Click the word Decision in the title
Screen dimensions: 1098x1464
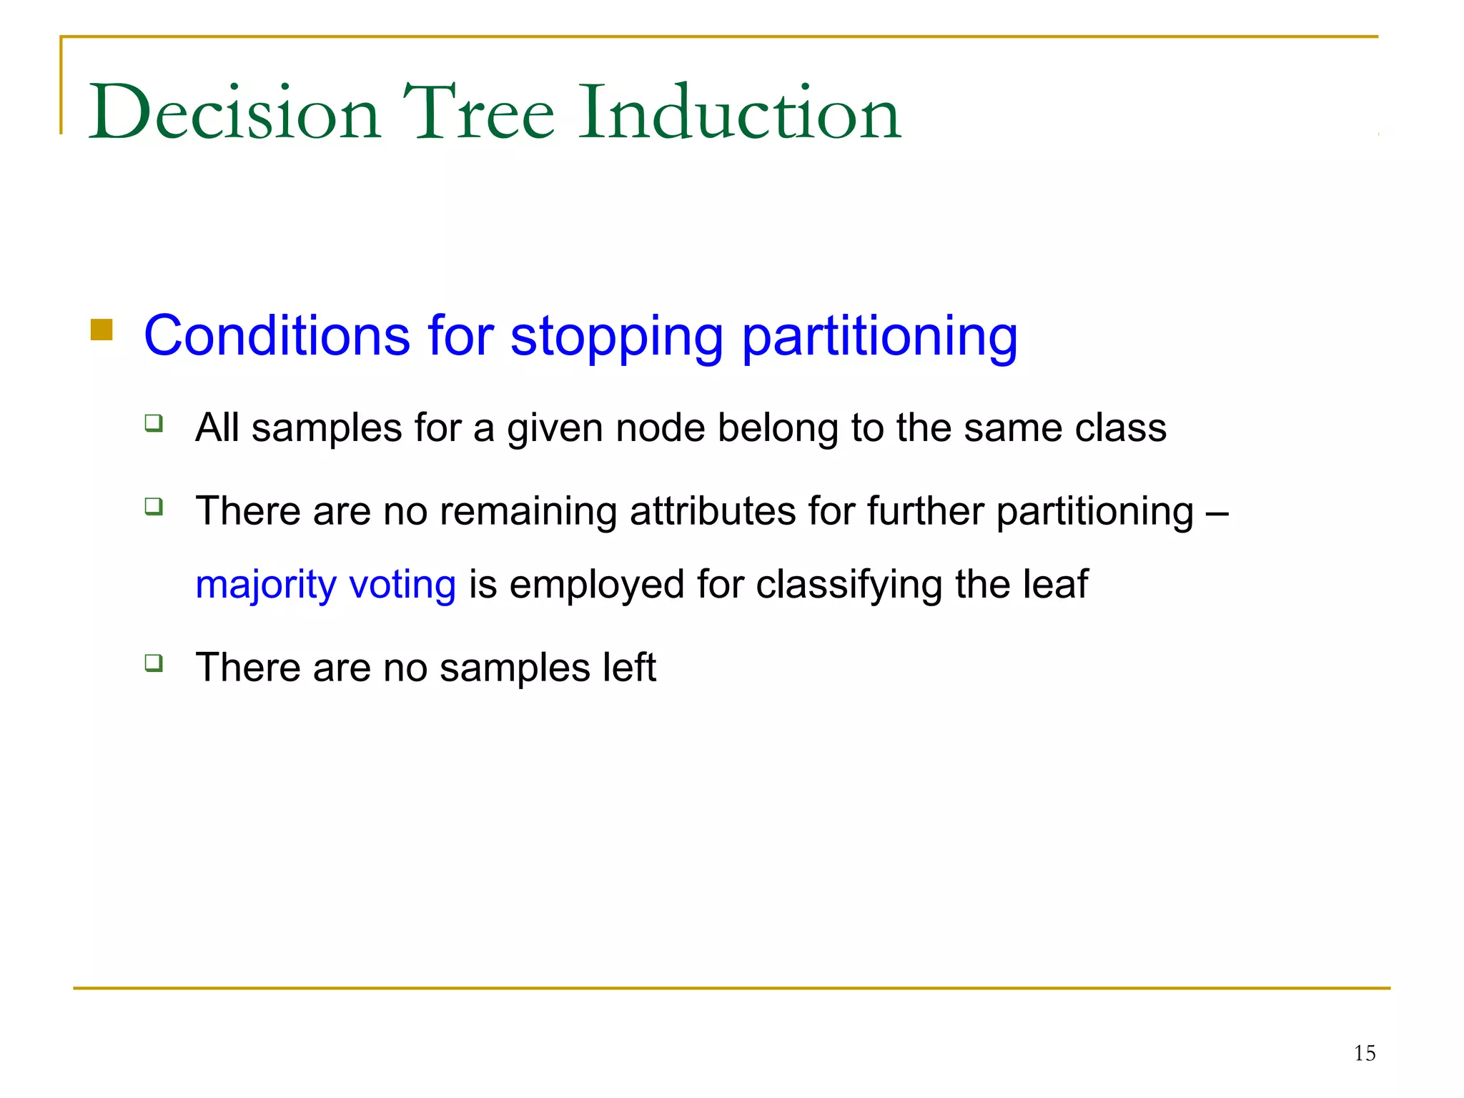coord(234,113)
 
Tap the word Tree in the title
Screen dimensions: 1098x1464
coord(478,113)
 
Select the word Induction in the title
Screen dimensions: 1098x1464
coord(740,113)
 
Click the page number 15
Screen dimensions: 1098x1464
coord(1364,1053)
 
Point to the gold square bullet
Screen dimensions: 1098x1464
coord(102,330)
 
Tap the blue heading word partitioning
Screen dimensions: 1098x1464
coord(879,336)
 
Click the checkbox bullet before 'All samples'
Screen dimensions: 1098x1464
coord(154,423)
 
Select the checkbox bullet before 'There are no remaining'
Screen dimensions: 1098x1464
coord(154,507)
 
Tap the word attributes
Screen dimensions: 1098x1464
coord(713,511)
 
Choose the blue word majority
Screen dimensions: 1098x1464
coord(265,585)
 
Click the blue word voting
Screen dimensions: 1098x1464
coord(402,585)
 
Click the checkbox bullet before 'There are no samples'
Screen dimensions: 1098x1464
coord(154,663)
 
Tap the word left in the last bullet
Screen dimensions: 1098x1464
coord(628,667)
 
